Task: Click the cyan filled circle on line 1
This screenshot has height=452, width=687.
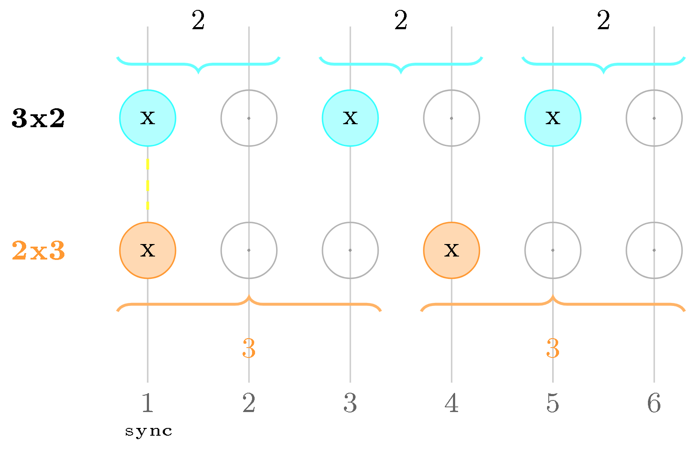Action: click(x=148, y=118)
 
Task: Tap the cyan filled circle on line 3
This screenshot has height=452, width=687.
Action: click(x=350, y=118)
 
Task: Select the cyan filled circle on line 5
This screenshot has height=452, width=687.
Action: click(x=553, y=118)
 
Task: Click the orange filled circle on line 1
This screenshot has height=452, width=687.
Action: click(x=148, y=250)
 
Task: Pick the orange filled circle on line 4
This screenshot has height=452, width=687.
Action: click(x=452, y=250)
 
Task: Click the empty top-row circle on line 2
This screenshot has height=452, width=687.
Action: click(x=249, y=118)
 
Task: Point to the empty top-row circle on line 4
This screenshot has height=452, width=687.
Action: click(x=452, y=118)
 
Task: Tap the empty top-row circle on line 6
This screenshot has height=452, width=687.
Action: click(x=654, y=118)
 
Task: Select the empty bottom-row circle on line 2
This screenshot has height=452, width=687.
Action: click(x=249, y=250)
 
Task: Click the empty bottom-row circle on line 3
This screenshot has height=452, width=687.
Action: click(x=350, y=250)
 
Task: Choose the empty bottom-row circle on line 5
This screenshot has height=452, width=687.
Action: click(x=553, y=250)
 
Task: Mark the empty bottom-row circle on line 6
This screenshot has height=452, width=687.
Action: click(x=654, y=250)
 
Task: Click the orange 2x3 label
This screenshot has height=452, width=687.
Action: click(x=38, y=251)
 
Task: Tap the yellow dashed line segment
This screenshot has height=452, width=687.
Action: click(x=148, y=184)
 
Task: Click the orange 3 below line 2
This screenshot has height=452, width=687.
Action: click(x=249, y=348)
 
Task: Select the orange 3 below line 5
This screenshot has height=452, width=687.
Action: click(x=553, y=348)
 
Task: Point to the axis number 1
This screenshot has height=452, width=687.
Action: click(x=148, y=403)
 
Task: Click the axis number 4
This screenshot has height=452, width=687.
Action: click(x=452, y=403)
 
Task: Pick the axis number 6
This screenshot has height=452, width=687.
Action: click(x=654, y=403)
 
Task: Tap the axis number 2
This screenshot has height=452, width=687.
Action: click(x=249, y=403)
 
